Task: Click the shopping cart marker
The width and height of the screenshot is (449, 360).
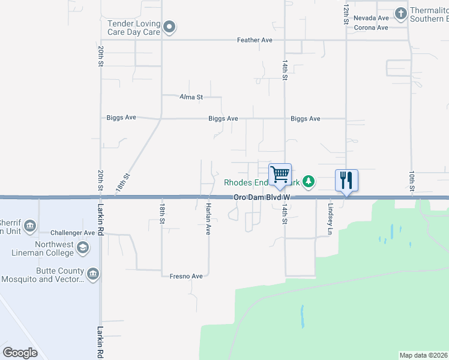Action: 280,175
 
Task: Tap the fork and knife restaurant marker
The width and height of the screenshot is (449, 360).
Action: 346,179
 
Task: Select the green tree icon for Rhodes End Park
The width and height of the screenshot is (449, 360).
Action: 309,181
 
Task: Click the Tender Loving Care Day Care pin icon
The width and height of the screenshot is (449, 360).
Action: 169,26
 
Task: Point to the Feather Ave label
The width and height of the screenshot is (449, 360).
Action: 255,40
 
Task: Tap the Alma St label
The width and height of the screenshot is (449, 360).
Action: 192,97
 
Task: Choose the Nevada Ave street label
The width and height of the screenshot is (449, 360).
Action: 371,18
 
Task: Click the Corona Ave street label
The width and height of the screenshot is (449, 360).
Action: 371,28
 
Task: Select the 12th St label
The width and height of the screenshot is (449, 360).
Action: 346,12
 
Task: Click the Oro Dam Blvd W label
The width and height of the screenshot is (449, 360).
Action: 262,197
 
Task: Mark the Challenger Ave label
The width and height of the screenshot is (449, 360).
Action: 73,233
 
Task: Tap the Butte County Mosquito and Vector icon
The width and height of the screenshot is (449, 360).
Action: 93,274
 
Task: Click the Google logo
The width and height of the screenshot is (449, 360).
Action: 20,352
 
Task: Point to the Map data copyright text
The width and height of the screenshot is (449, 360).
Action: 423,355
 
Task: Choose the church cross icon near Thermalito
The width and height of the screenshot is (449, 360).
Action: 400,13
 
